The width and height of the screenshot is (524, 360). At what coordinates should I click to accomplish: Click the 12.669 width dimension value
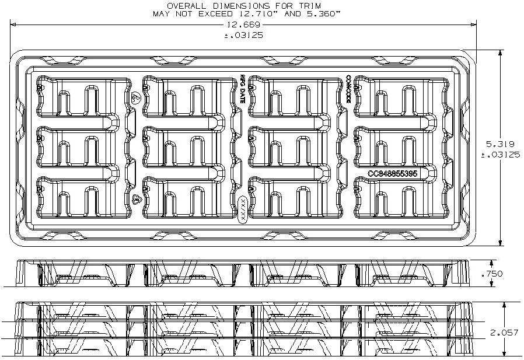(x=243, y=25)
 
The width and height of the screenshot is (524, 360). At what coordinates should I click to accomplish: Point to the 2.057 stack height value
(x=504, y=332)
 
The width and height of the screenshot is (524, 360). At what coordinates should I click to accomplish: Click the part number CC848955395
(x=392, y=174)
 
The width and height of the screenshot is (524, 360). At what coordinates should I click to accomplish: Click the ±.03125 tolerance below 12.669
(x=243, y=35)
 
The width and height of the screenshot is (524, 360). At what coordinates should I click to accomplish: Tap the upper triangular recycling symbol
(x=135, y=97)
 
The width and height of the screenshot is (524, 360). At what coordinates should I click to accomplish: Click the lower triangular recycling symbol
(x=136, y=200)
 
